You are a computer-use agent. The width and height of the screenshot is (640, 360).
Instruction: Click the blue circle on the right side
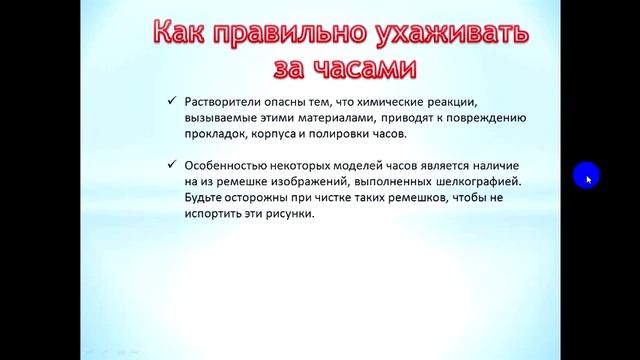(586, 177)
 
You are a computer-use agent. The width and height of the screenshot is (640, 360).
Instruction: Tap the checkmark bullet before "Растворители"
(172, 101)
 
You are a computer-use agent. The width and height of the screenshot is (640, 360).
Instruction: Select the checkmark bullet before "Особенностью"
(172, 164)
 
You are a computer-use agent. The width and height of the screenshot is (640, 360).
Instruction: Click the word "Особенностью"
(227, 164)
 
